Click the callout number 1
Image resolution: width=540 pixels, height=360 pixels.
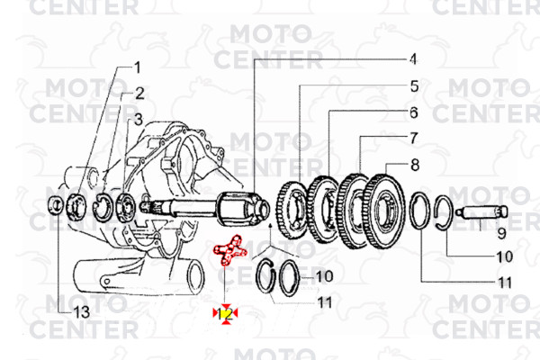(x=138, y=67)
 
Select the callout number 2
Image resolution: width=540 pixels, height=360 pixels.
(x=140, y=93)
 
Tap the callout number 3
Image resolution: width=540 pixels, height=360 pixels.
(x=138, y=119)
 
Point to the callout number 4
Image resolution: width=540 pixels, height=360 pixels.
(x=413, y=59)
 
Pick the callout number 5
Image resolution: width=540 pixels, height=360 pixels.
(x=414, y=86)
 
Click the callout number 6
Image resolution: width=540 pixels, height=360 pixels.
(x=413, y=112)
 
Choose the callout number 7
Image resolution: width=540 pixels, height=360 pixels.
(x=413, y=139)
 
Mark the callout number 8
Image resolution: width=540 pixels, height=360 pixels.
(x=414, y=165)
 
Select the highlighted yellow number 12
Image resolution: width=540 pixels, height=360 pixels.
(x=227, y=313)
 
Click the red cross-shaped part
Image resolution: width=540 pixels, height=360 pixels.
(x=233, y=250)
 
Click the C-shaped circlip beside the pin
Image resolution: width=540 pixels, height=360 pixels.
(x=448, y=215)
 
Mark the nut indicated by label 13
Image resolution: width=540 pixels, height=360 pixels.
(x=54, y=204)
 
